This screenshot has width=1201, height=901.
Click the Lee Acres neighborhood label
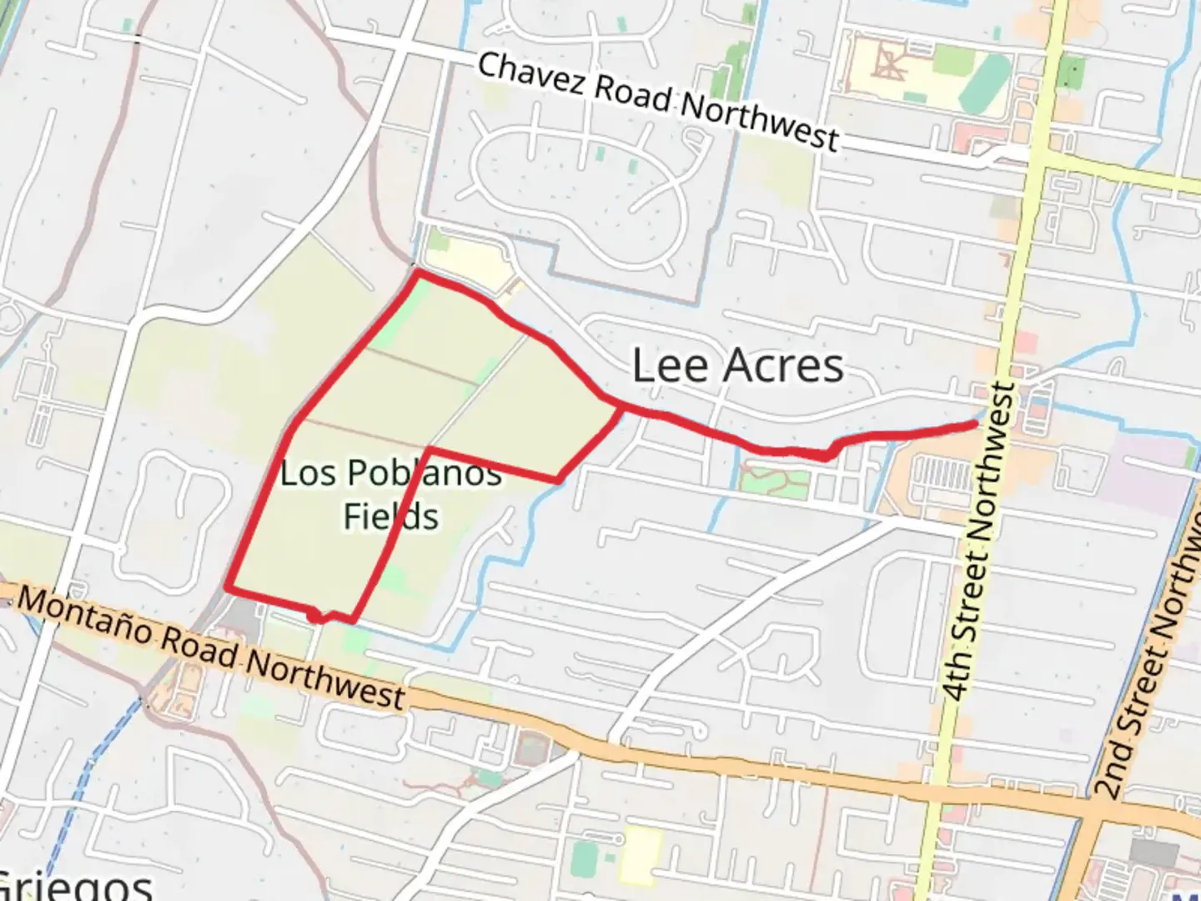coord(737,365)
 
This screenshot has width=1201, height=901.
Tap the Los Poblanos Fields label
coord(390,494)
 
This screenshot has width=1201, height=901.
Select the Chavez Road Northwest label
coord(657,101)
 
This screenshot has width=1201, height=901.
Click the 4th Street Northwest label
coord(979,542)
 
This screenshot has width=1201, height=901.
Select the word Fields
coord(390,516)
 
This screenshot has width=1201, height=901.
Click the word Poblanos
coord(425,472)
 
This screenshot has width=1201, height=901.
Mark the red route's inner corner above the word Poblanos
coord(429,451)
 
